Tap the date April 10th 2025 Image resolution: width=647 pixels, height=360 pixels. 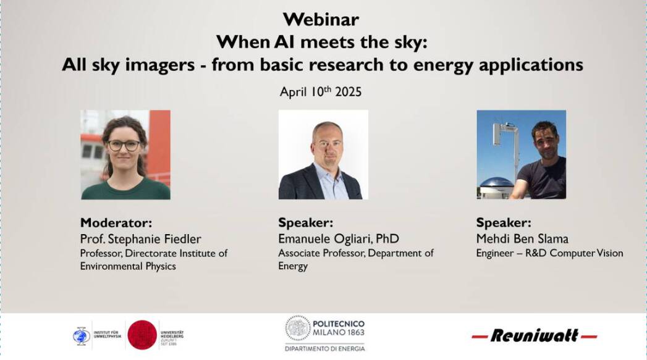(x=320, y=91)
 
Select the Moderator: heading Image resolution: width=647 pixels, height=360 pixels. (x=116, y=223)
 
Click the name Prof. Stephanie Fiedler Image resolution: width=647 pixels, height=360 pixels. (x=140, y=239)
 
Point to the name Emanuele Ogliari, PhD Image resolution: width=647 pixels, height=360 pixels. (x=338, y=239)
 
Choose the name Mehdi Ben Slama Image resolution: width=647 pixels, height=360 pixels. (x=522, y=239)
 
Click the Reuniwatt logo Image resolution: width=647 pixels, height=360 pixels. (x=534, y=336)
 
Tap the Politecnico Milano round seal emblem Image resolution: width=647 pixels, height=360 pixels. (x=297, y=328)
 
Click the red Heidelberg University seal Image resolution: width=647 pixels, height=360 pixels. (x=142, y=335)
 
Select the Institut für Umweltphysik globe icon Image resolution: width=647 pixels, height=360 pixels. (x=81, y=335)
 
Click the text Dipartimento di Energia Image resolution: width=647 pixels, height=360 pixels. (x=324, y=349)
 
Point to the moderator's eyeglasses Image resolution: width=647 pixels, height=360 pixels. (x=124, y=146)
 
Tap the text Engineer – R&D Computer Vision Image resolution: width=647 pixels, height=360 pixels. (x=549, y=253)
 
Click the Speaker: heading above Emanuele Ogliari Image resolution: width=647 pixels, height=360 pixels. (x=305, y=223)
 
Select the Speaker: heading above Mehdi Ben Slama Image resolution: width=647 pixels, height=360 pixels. (x=503, y=223)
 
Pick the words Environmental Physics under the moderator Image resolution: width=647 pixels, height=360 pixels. (x=128, y=266)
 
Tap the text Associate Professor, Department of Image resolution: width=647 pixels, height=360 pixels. (x=355, y=253)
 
